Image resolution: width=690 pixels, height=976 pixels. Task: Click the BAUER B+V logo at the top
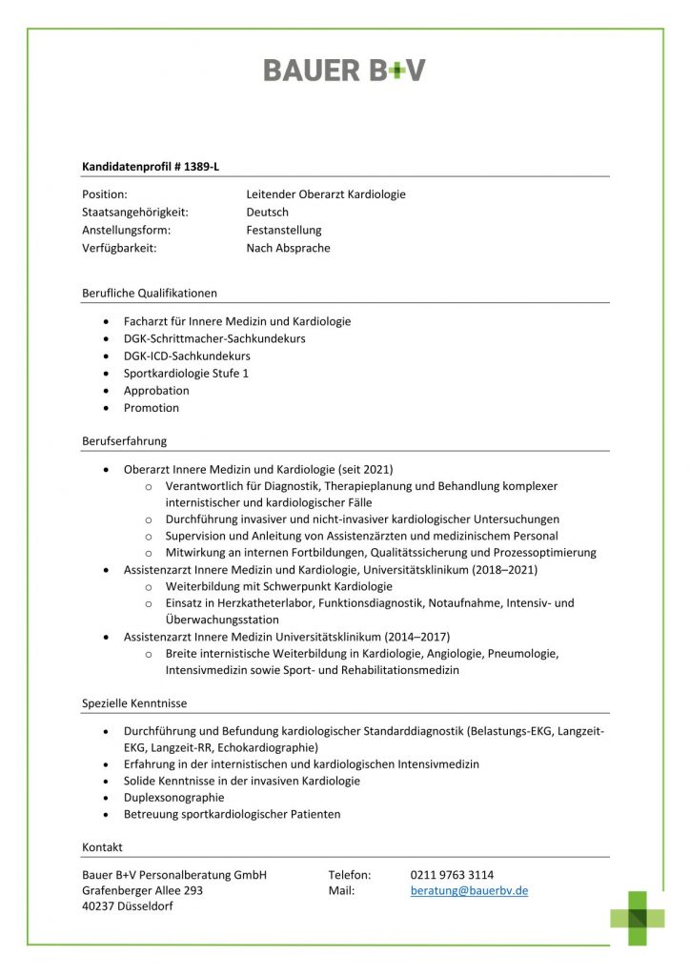point(344,70)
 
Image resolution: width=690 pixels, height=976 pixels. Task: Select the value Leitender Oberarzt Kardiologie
point(325,194)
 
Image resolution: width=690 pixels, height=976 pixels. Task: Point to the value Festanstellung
point(283,231)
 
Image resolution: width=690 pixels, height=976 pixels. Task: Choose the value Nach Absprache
point(288,248)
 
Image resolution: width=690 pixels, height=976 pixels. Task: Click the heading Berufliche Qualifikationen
point(150,293)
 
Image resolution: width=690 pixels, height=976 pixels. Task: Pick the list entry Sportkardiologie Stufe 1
point(186,373)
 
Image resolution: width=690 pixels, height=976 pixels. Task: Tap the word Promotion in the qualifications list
point(151,408)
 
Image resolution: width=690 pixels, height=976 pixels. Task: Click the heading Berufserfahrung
point(125,441)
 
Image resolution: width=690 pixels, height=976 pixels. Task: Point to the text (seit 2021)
point(363,469)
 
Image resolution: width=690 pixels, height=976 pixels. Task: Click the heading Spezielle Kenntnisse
point(134,703)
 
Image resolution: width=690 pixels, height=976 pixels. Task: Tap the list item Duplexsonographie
point(173,797)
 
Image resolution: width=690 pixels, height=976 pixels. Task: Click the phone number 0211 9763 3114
point(452,874)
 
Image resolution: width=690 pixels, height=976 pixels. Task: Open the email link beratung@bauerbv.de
point(469,891)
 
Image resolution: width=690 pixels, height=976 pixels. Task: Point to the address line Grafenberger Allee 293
point(142,891)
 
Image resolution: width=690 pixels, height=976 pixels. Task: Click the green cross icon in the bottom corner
point(638,918)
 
